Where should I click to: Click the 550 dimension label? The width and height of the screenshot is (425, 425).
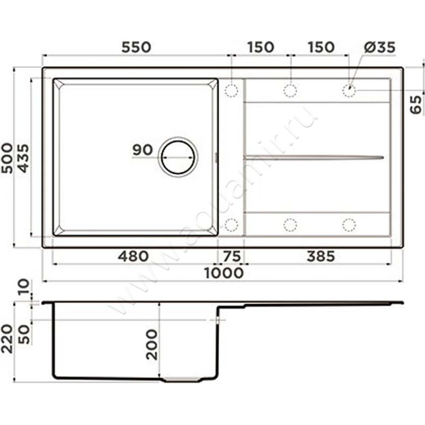pos(136,47)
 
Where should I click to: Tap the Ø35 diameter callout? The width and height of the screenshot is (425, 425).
pos(379,47)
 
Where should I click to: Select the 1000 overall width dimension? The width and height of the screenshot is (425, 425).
pos(224,273)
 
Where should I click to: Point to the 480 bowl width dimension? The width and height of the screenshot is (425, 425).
pos(133,256)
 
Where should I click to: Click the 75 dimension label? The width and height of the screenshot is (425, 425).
pos(232,256)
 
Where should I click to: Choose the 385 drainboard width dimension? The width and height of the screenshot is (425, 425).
pos(321,256)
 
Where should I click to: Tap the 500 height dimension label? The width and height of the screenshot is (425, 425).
pos(7,158)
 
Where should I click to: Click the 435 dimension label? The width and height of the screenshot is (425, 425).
pos(23,158)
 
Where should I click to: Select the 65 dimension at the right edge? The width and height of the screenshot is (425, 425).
pos(416,105)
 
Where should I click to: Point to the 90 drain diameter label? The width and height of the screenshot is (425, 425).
pos(142,150)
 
